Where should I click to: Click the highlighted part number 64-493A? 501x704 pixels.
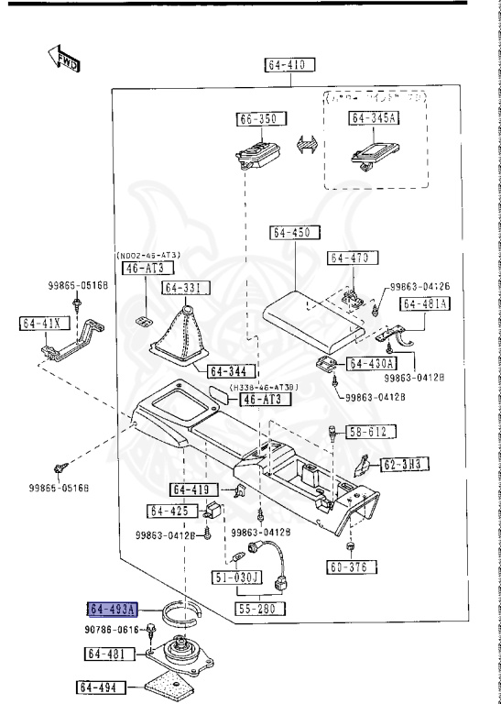112,609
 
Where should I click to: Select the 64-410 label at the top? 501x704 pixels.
291,65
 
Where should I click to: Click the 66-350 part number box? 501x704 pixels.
262,119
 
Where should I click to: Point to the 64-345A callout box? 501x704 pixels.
375,118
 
